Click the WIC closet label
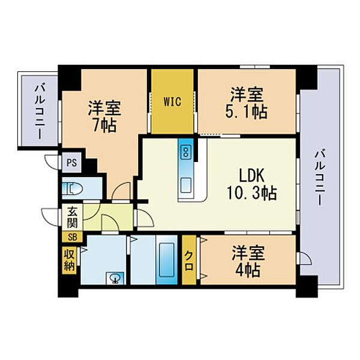172,101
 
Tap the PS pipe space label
71,163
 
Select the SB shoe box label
72,237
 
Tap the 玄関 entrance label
73,217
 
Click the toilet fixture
73,189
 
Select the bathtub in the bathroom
167,260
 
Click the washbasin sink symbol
115,278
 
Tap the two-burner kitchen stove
185,152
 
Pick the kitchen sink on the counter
186,185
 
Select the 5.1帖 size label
246,112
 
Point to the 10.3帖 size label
251,193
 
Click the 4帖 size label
248,269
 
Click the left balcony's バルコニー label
40,112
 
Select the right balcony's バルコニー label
319,177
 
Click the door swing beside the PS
52,163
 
